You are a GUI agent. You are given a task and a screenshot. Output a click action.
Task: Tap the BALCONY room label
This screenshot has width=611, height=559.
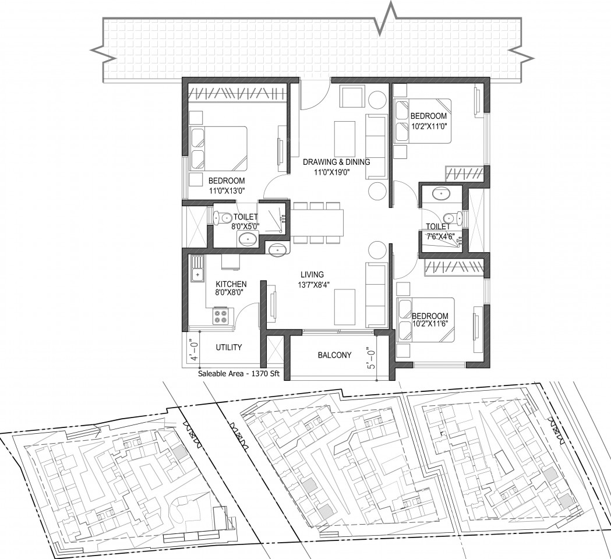point(334,355)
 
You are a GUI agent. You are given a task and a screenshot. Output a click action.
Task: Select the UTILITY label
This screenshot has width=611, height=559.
point(229,347)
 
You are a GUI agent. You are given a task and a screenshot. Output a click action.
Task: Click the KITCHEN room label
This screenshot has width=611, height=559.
point(231,284)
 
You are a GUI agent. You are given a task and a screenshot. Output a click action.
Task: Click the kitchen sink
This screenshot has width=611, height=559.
point(197,269)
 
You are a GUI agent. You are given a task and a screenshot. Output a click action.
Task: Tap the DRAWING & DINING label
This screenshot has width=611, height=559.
point(337,162)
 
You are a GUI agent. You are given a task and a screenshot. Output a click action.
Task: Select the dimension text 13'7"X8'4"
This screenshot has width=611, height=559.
point(312,284)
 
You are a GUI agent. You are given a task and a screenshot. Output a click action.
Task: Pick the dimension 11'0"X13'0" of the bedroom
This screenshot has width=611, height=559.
point(227,190)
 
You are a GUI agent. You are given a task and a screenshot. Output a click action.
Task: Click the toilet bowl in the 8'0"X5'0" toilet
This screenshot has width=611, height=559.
point(221,218)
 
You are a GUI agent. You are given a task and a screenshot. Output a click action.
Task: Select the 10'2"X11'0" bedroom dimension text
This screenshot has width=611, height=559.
point(429,126)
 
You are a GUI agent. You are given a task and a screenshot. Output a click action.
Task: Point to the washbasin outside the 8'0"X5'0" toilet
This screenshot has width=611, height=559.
point(278,250)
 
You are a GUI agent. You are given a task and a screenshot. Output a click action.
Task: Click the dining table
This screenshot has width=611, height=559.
point(317,223)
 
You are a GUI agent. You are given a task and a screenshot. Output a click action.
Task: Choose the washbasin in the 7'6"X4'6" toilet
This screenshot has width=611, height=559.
point(441,193)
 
